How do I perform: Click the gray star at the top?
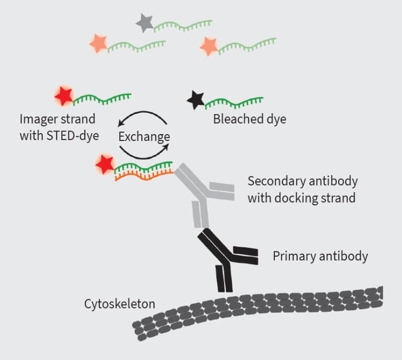(143, 23)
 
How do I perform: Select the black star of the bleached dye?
(196, 100)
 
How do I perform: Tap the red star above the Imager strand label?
(64, 96)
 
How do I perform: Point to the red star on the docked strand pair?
(105, 165)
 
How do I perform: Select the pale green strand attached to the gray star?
(183, 24)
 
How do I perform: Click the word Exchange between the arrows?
(144, 137)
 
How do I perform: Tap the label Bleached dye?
(250, 119)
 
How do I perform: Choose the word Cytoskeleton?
(119, 304)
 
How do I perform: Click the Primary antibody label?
(320, 256)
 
